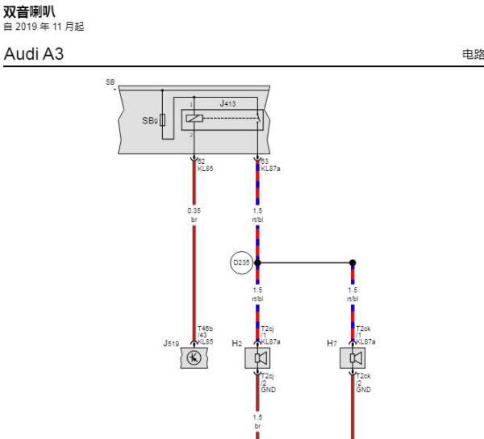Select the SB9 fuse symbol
164,120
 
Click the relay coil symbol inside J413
194,119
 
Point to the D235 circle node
241,261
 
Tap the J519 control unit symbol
194,357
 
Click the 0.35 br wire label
194,214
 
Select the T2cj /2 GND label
269,382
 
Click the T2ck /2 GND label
364,382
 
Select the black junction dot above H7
353,262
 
